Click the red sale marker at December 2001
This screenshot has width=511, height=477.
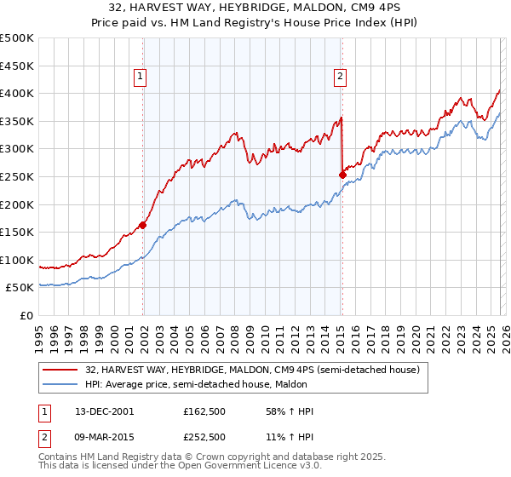[142, 225]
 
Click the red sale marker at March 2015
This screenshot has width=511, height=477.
[342, 175]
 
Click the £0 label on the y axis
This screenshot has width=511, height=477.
[26, 315]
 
